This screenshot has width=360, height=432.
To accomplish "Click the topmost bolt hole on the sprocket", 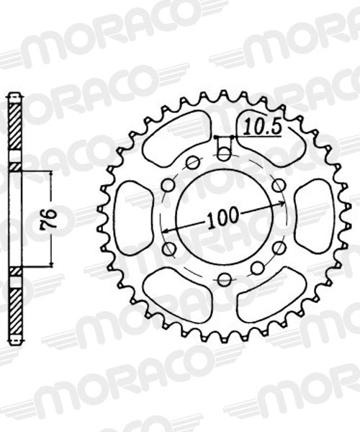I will click(224, 154).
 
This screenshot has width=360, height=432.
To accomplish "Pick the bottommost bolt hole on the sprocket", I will click(224, 279).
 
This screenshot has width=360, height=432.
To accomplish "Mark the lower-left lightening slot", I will click(175, 295).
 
